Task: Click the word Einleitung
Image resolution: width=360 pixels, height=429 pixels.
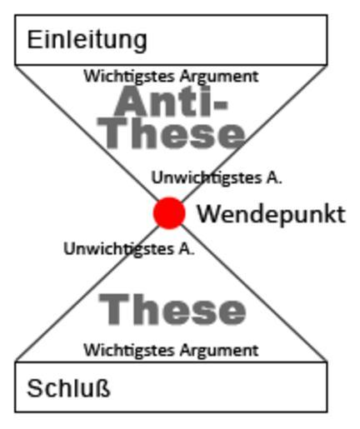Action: pos(87,41)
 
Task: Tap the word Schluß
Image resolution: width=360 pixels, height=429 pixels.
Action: pos(68,388)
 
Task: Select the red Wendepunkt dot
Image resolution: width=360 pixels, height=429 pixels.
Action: pos(169,213)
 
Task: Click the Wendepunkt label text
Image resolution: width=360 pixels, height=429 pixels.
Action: pos(272,215)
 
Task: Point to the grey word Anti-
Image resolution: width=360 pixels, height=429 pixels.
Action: pos(172,101)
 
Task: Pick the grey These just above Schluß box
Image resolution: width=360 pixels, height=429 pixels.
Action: pos(172,310)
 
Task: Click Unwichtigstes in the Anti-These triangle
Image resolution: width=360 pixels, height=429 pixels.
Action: pos(207,178)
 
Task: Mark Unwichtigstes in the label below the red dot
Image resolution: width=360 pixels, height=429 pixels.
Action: pos(119,249)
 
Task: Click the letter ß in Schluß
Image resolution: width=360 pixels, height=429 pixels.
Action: pos(104,387)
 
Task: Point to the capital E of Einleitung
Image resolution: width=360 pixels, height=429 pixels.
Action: pos(34,39)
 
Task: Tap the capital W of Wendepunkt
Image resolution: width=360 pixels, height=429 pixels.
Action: pos(209,214)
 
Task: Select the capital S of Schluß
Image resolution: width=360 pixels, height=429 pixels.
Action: pos(35,388)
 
